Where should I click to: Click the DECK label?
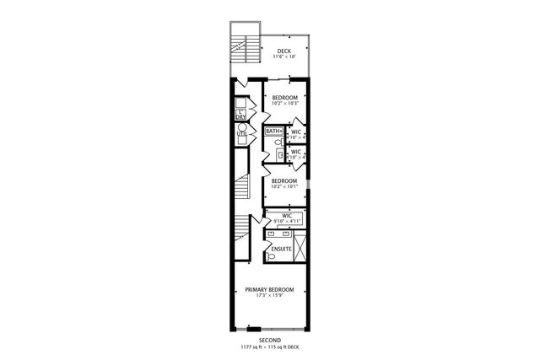285,51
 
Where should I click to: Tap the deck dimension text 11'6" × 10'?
285,57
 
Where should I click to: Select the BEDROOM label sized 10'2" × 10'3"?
284,97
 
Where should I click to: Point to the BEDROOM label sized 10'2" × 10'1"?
284,180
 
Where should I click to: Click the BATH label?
273,132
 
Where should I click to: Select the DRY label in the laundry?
241,116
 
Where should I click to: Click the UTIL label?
241,133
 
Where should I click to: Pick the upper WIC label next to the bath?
296,132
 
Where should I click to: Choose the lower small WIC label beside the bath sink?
296,152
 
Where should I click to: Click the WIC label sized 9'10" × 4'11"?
287,217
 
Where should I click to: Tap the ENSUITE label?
281,250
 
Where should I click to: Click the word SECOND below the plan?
269,340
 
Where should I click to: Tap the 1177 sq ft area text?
251,347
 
